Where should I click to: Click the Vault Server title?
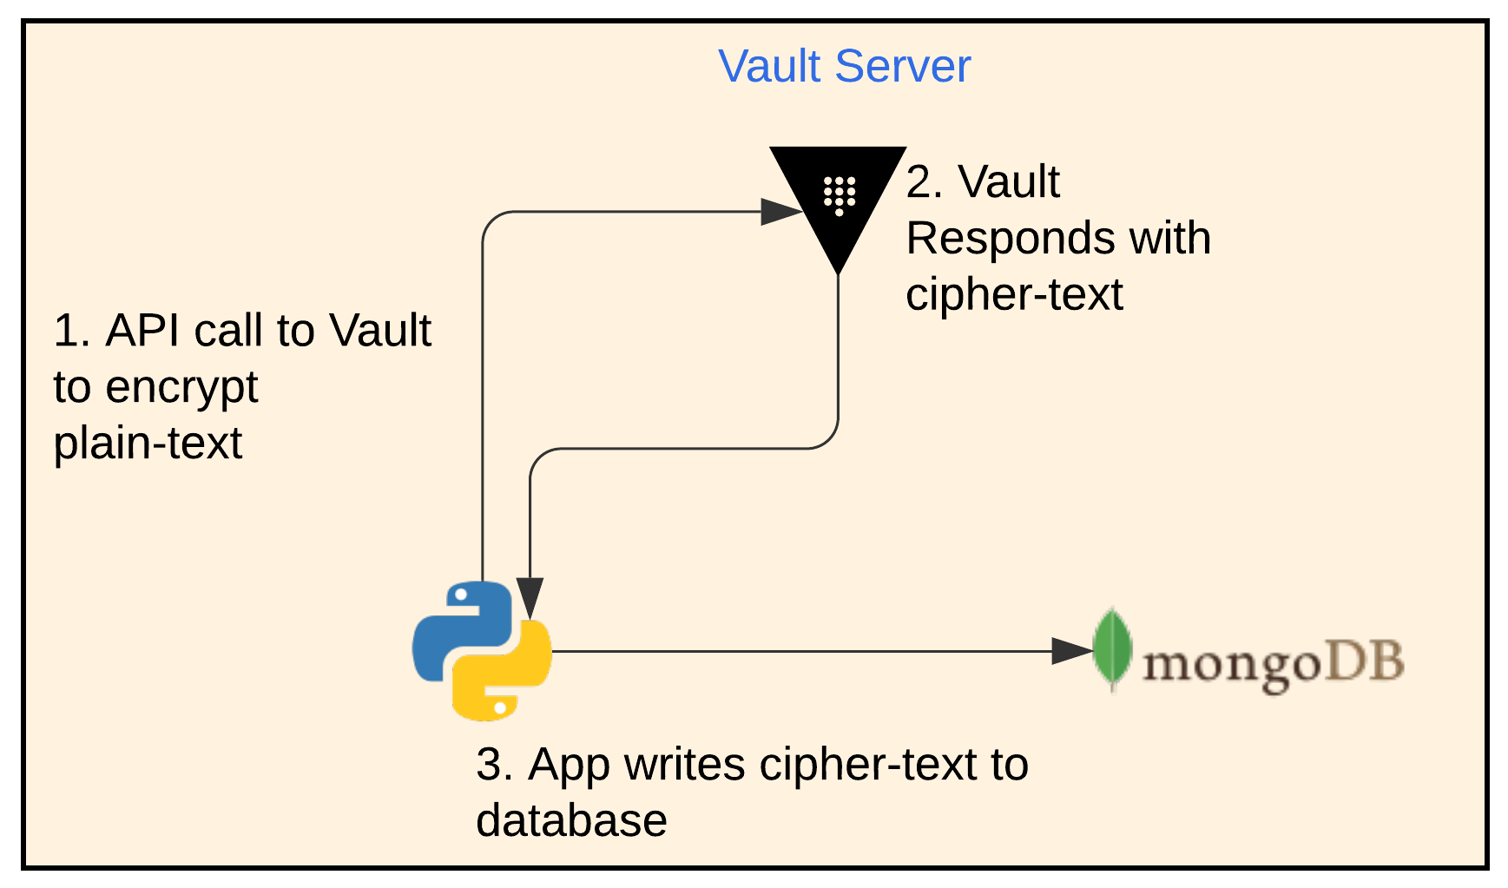[x=844, y=67]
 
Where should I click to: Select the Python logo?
[x=482, y=651]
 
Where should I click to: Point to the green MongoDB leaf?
[x=1112, y=649]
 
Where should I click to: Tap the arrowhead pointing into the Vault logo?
[x=780, y=211]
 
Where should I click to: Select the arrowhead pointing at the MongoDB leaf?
[x=1070, y=651]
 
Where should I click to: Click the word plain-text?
[x=148, y=444]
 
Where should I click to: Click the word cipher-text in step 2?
[x=1014, y=295]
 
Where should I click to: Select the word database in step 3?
[x=571, y=821]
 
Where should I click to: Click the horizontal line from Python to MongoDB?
[x=799, y=651]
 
